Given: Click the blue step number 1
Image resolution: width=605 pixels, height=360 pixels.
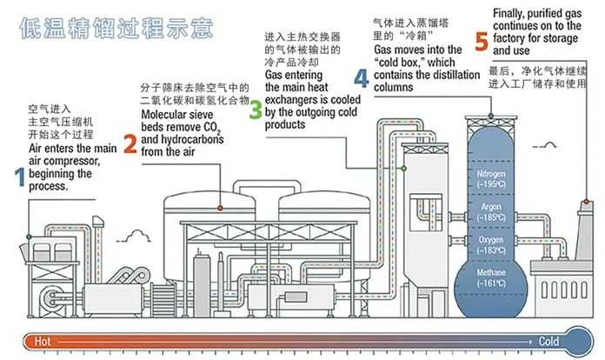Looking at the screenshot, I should tap(19, 177).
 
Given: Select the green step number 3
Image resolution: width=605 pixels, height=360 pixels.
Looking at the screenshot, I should tap(255, 110).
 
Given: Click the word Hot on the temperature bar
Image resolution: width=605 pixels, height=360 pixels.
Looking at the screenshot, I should tap(40, 342).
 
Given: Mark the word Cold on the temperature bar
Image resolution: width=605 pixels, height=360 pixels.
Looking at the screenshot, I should tap(548, 342).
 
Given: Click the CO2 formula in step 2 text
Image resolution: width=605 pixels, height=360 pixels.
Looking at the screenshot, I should tap(214, 128).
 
